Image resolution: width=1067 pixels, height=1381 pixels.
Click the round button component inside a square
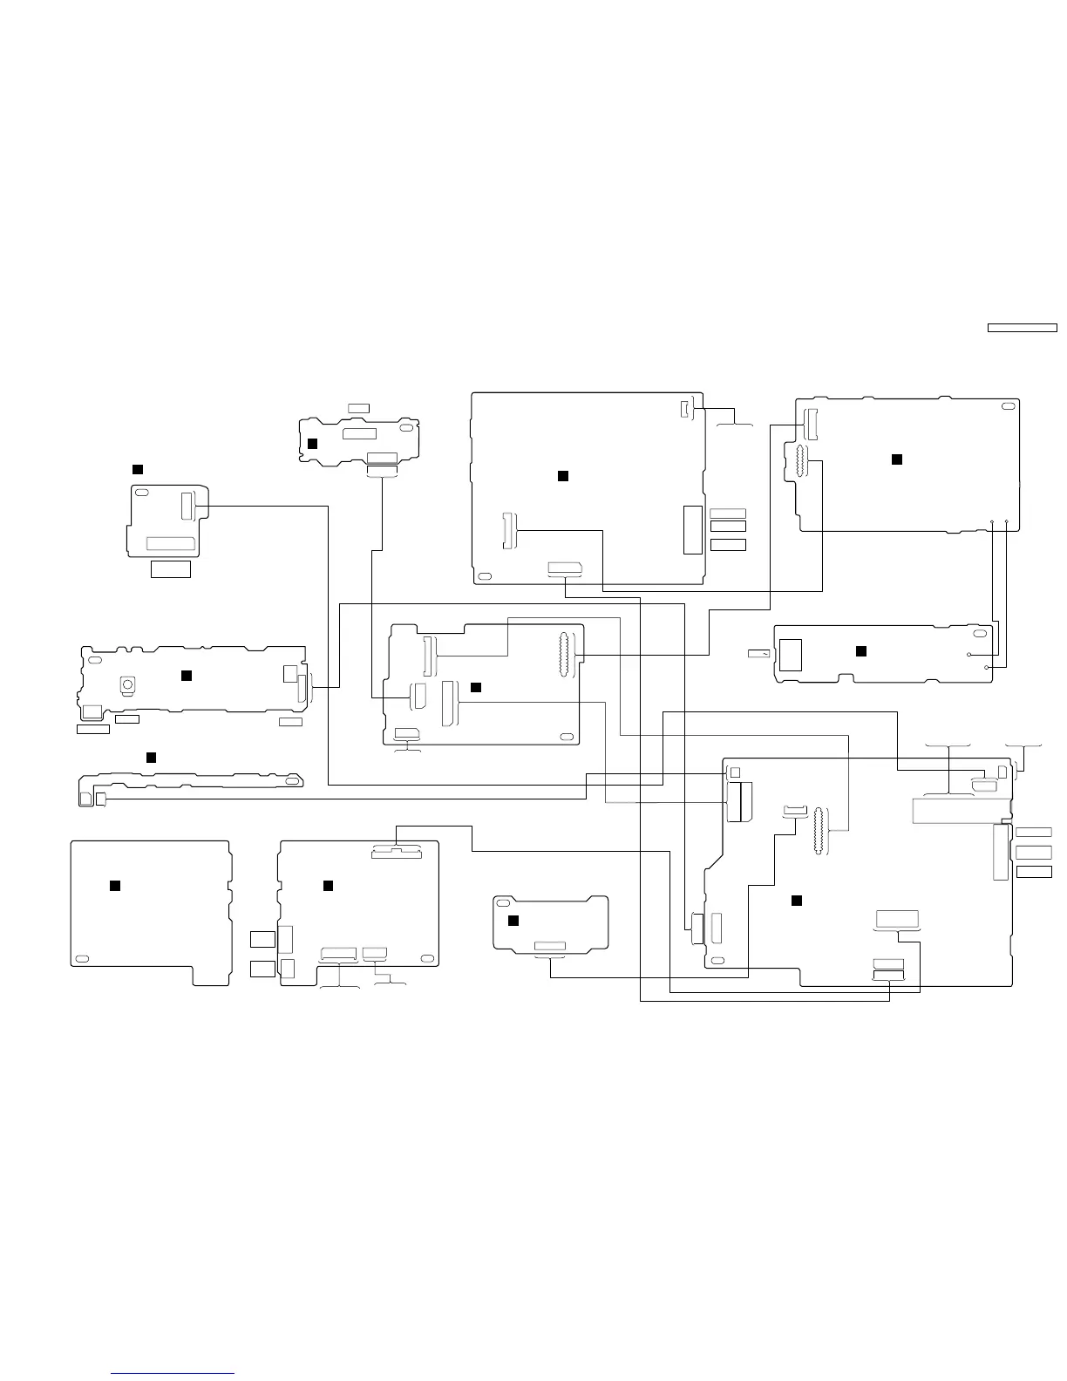[127, 685]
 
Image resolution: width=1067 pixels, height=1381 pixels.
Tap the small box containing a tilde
[759, 654]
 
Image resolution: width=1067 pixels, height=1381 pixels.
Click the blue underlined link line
[173, 1374]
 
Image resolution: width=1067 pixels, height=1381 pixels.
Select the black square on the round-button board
[186, 676]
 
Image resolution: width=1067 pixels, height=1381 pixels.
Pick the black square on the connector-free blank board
[114, 886]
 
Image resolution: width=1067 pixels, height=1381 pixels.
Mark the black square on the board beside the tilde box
[861, 650]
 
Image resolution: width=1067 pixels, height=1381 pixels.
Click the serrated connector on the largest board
[818, 832]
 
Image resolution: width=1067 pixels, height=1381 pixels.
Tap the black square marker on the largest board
[796, 901]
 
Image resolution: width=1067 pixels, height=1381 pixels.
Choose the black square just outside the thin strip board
[151, 757]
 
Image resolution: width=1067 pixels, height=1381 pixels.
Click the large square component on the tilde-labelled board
[791, 655]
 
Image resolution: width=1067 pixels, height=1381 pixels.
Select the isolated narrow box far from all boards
[1022, 328]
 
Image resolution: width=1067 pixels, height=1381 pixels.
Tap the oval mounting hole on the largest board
[717, 961]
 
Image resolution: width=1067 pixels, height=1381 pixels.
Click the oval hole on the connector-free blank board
[82, 959]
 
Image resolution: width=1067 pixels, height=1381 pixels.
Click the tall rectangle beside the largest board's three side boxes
[1000, 852]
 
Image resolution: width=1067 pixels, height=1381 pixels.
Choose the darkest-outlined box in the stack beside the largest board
[1034, 872]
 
